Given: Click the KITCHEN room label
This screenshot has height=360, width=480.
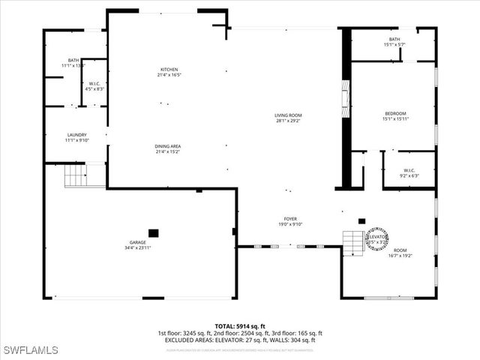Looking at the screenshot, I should [x=169, y=68].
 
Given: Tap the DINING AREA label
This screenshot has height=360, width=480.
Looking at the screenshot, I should [x=169, y=146].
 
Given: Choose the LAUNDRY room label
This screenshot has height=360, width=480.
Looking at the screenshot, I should [x=76, y=135].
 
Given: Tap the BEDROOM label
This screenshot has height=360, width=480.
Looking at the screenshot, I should [x=394, y=113].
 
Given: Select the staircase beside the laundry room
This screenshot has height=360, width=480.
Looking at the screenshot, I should [x=74, y=175].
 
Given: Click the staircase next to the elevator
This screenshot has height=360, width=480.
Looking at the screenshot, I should [x=353, y=242].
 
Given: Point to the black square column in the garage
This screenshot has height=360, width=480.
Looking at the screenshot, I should [x=154, y=232].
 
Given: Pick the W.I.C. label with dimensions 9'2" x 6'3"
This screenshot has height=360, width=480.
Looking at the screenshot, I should [x=409, y=170].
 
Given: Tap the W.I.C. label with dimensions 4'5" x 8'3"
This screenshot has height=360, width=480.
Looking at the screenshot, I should [x=94, y=83].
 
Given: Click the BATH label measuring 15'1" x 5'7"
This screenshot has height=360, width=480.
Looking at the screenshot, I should [x=394, y=40].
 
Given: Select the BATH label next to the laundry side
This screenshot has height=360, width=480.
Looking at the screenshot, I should [x=73, y=61].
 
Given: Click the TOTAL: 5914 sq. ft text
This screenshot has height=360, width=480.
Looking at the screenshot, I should [x=240, y=326].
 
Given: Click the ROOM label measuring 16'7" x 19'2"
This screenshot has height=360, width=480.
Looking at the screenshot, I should [x=400, y=250].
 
